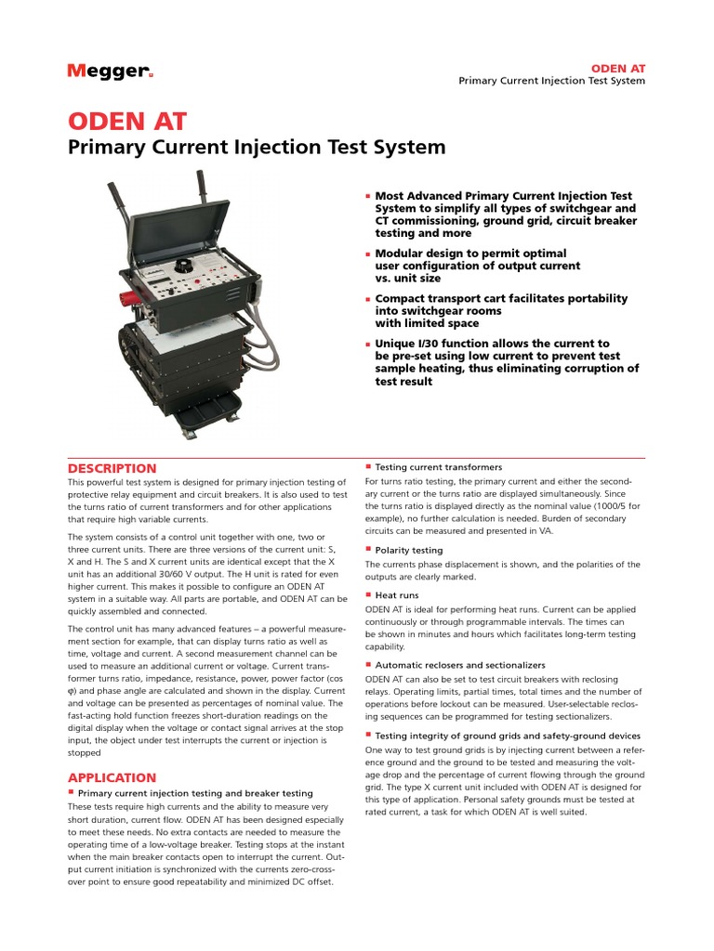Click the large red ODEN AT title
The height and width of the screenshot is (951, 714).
click(127, 122)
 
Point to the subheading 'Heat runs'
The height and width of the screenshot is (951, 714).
click(397, 594)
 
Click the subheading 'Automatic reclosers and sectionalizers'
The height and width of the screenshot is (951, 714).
click(460, 665)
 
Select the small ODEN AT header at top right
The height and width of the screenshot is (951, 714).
click(618, 68)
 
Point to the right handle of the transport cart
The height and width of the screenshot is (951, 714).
click(201, 190)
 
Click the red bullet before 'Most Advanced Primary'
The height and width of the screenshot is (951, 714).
click(368, 197)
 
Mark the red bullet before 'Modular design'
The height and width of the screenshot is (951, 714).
click(368, 254)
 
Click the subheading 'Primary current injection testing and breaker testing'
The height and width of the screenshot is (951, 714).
click(195, 793)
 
